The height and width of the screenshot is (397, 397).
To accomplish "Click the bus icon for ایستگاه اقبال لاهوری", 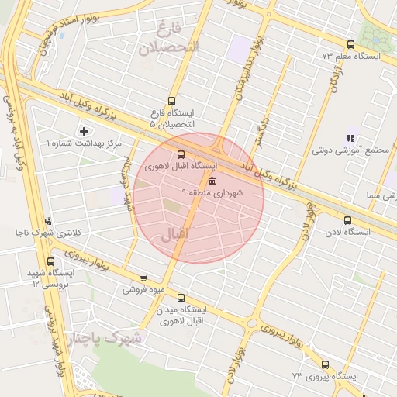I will click(x=181, y=154).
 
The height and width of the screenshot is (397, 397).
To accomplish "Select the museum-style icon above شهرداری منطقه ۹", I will click(x=212, y=181).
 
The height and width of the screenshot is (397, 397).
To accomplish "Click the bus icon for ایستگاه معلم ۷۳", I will click(x=350, y=44).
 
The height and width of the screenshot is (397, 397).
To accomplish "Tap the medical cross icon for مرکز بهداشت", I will click(x=84, y=131).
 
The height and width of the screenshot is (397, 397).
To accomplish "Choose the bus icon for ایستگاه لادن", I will click(x=347, y=220).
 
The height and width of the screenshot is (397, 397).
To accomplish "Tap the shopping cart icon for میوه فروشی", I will click(x=143, y=278).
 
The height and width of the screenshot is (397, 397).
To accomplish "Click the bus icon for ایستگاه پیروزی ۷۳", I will click(x=324, y=364).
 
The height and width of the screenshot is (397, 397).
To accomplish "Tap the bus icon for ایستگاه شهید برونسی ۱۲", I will click(x=51, y=261).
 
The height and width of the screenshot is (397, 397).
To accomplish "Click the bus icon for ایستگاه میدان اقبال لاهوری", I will click(x=181, y=297).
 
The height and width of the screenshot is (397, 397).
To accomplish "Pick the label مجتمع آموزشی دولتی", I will click(x=357, y=150).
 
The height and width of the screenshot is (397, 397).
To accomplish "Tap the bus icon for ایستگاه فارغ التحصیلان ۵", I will click(x=171, y=100).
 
